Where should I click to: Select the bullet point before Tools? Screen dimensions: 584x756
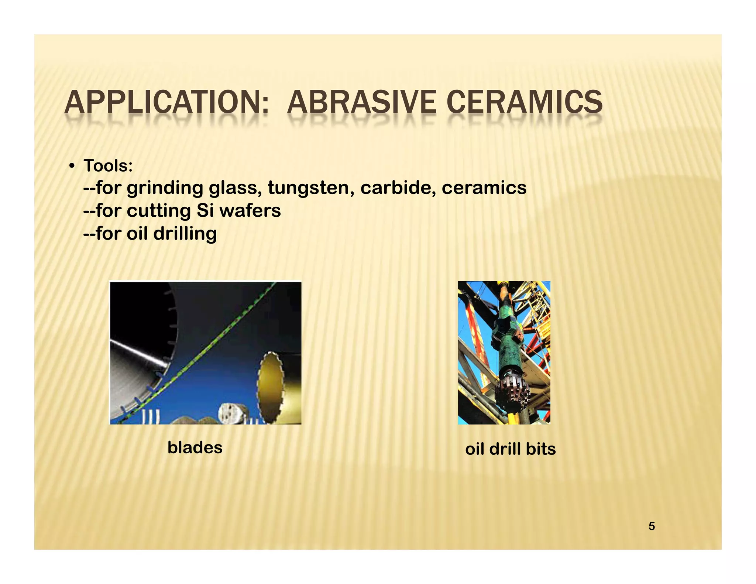[72, 166]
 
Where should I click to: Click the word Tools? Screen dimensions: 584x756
[108, 166]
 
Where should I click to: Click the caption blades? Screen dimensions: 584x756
[195, 447]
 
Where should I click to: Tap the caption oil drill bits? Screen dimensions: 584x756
[510, 449]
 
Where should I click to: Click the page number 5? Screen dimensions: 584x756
[652, 526]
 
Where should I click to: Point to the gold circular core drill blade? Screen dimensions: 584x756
[271, 388]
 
